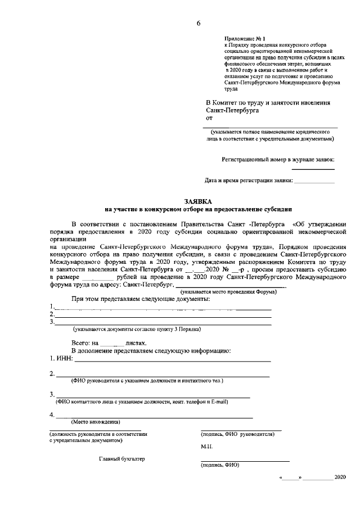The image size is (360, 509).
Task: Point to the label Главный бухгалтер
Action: pos(122,459)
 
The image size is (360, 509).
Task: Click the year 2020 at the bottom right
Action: pos(340,477)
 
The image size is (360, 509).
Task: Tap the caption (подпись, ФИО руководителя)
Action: pos(237,435)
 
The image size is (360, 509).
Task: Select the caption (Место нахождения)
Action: pos(95,421)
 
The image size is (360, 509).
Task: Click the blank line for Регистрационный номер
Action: pos(313,168)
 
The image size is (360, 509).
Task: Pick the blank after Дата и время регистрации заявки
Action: pos(314,181)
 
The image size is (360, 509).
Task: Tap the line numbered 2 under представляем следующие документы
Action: pos(163,315)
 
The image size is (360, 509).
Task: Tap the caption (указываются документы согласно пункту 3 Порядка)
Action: pos(136,328)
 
